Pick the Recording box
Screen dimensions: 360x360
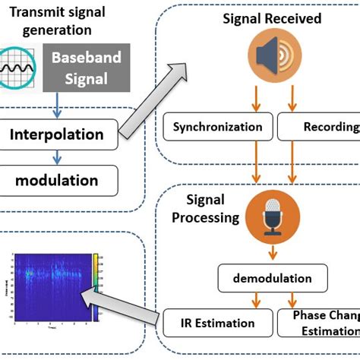tap(319, 127)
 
